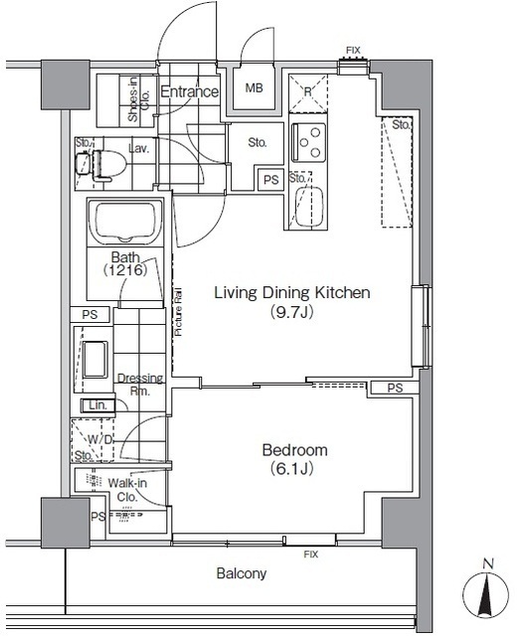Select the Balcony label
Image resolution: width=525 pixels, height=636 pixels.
[x=242, y=573]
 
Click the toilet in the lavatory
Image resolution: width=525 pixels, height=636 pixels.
[x=101, y=164]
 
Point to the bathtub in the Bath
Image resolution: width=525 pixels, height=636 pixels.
[x=125, y=222]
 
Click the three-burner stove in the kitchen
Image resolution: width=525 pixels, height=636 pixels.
[x=309, y=142]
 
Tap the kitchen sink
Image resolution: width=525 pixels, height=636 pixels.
[x=309, y=207]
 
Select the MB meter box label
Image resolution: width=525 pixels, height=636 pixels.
[x=254, y=87]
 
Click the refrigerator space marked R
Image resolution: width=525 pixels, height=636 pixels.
[x=308, y=93]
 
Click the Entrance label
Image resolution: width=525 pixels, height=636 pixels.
[x=190, y=91]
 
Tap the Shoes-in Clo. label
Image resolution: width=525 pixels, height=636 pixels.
[x=138, y=99]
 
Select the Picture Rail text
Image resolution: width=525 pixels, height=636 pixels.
[x=178, y=311]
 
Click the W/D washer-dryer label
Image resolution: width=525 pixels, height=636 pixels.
[x=99, y=439]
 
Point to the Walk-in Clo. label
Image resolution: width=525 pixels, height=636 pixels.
[x=127, y=490]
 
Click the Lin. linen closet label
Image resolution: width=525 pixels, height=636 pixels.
[x=97, y=405]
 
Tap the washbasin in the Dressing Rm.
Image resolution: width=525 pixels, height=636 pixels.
[x=95, y=360]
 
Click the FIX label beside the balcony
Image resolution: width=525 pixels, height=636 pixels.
[x=311, y=555]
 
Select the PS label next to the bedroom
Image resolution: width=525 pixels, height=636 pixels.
[x=395, y=389]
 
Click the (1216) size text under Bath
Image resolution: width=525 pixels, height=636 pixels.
[x=125, y=269]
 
